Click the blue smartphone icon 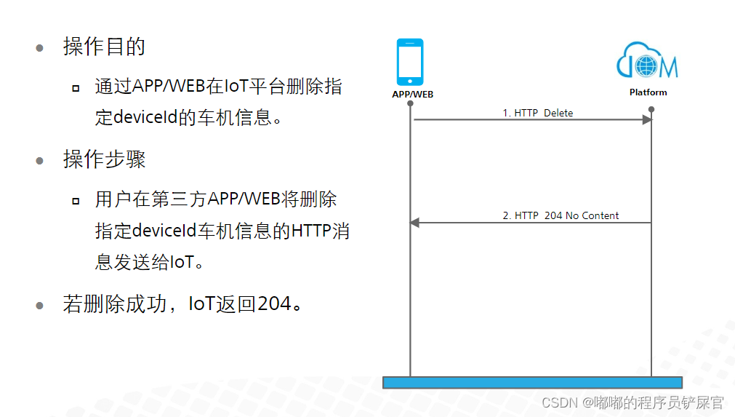click(x=410, y=62)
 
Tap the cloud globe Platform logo click(x=647, y=60)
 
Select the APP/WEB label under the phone click(x=412, y=95)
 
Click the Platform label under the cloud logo click(x=648, y=92)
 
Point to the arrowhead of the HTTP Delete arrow click(x=647, y=119)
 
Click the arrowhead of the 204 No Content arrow click(x=415, y=223)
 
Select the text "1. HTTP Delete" click(x=538, y=113)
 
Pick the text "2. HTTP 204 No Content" click(x=561, y=215)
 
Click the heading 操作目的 click(x=104, y=47)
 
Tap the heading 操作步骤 click(x=104, y=159)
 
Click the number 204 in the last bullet click(x=275, y=304)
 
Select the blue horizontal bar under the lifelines click(x=532, y=382)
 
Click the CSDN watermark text click(x=632, y=402)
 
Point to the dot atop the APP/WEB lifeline click(x=410, y=103)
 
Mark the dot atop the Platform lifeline click(x=651, y=109)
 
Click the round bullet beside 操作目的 click(x=40, y=48)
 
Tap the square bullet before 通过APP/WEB click(x=76, y=88)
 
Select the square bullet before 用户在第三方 click(x=76, y=202)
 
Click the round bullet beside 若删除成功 click(x=40, y=306)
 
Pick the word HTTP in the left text click(x=311, y=231)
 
